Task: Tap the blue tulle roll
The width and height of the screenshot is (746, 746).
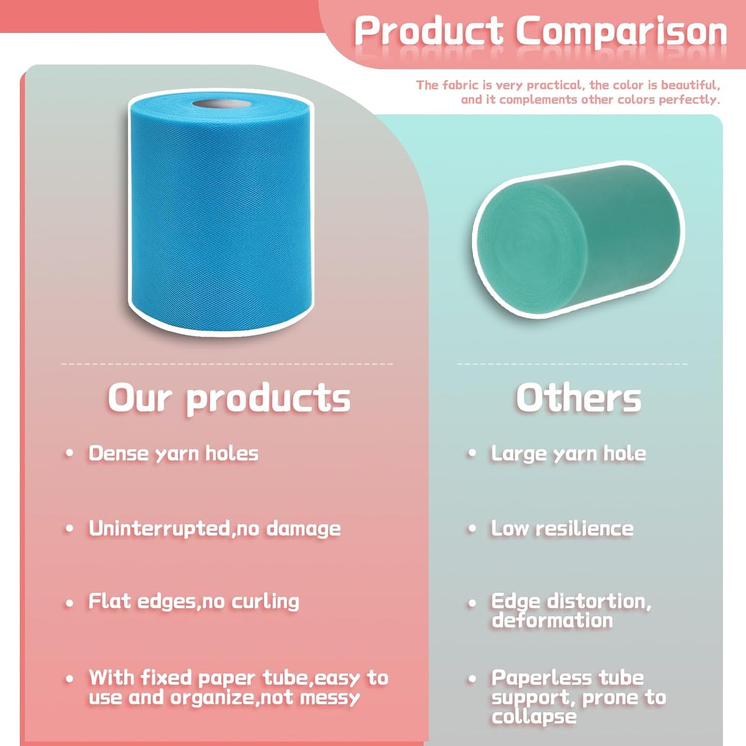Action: pos(221,217)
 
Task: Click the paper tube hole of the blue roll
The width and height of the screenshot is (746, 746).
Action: pos(222,104)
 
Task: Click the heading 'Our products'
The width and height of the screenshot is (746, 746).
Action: pos(229,399)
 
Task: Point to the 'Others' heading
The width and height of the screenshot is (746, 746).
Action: pos(578,399)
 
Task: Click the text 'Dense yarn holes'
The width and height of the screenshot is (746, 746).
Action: pos(173,453)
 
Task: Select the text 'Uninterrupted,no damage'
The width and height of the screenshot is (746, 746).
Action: pos(214,528)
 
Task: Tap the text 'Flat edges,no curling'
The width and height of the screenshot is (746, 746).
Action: pos(194,601)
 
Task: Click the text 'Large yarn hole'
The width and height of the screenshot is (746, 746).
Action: pos(568,453)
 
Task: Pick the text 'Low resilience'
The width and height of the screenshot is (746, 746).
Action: pos(562,528)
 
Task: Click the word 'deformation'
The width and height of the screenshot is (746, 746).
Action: pos(552,620)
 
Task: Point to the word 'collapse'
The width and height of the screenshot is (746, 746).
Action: pos(534,717)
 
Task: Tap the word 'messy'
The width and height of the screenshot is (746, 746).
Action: pos(330,697)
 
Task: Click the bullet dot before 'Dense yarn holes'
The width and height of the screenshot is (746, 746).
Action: pos(69,454)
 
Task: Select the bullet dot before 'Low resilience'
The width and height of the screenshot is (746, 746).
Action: pos(471,529)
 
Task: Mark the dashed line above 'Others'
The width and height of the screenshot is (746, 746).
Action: pos(572,364)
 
